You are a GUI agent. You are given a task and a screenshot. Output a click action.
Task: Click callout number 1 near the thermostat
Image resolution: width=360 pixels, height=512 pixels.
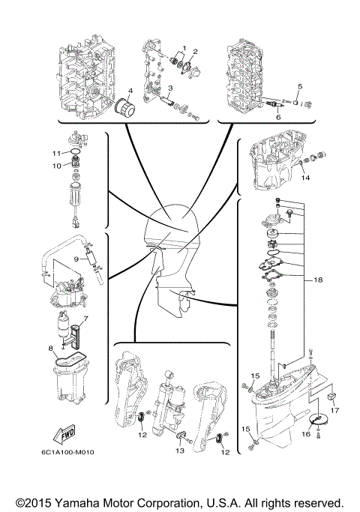pos(184,48)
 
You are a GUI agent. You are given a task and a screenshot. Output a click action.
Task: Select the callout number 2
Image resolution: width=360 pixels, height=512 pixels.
pos(194,52)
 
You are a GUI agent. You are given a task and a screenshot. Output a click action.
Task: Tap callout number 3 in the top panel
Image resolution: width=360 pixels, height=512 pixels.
pos(170,88)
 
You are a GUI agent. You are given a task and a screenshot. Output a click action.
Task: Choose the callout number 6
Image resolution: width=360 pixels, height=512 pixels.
pos(277,118)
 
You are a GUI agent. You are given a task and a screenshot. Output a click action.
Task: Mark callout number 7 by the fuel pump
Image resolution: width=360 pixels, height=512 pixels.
pos(85,319)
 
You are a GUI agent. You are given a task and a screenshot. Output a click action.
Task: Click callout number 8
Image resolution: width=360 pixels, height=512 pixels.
pos(51,348)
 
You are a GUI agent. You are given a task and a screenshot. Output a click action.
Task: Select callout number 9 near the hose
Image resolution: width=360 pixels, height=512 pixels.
pos(76,259)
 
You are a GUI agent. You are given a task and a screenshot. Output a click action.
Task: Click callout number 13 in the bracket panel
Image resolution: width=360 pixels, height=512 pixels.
pos(180,452)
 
